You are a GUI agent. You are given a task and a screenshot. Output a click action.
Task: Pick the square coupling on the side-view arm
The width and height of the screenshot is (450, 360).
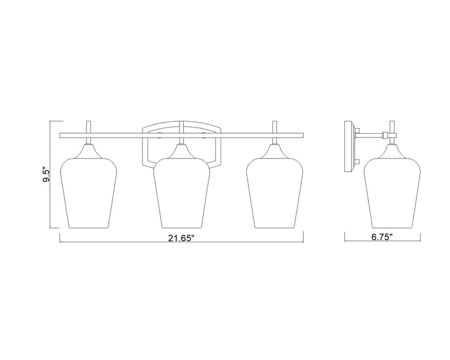tap(385, 135)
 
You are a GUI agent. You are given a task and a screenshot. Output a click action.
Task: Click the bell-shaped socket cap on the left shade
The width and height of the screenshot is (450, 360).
tap(88, 150)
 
